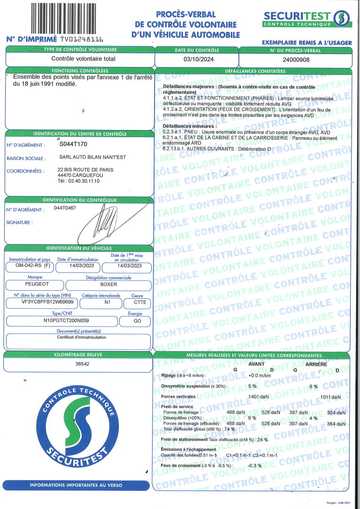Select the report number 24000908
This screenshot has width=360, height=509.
(295, 59)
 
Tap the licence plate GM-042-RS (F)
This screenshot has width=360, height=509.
(30, 266)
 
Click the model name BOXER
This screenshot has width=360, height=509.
(108, 285)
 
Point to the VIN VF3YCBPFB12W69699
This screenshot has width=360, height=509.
(41, 302)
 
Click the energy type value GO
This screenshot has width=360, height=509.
(135, 320)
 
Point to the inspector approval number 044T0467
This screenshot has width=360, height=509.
(64, 207)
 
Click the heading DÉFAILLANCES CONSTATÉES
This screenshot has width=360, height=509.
(252, 71)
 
